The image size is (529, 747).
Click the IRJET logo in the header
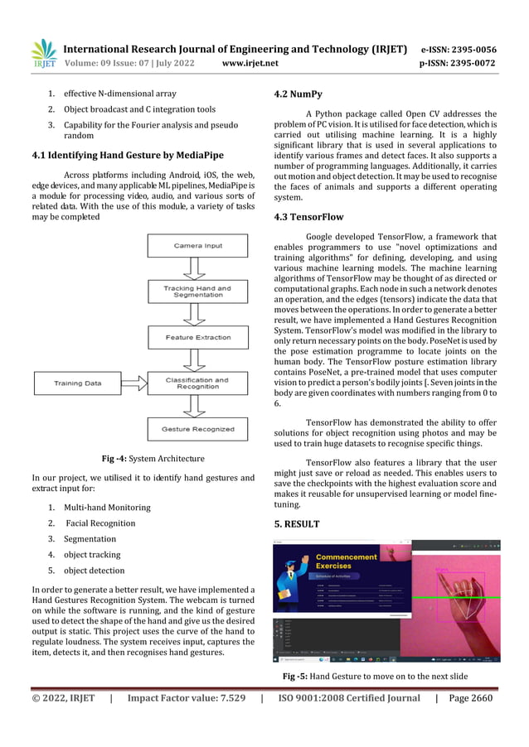[43, 54]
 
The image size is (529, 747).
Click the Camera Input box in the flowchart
[197, 246]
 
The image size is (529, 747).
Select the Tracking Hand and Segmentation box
[197, 292]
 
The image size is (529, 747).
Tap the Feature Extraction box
[197, 337]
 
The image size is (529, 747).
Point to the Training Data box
[78, 383]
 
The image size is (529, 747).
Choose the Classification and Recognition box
[197, 383]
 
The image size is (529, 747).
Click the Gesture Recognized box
[197, 428]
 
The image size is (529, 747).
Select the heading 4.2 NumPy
[298, 94]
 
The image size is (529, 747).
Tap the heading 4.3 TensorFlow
[308, 217]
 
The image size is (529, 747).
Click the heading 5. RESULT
[297, 524]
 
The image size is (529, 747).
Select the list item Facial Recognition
[100, 523]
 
